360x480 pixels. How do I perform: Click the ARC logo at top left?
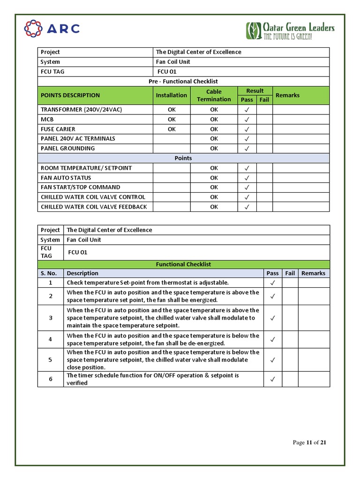pyautogui.click(x=52, y=29)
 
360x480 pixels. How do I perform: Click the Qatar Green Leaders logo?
pyautogui.click(x=290, y=31)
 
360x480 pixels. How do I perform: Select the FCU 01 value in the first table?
pyautogui.click(x=167, y=72)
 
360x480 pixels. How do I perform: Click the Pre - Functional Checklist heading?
pyautogui.click(x=183, y=82)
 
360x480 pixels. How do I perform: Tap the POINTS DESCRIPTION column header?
pyautogui.click(x=70, y=95)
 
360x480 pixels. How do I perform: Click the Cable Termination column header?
pyautogui.click(x=214, y=95)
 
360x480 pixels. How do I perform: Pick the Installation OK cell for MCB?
pyautogui.click(x=172, y=120)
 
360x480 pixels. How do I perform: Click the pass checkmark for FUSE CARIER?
pyautogui.click(x=247, y=129)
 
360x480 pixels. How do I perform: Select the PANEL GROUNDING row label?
pyautogui.click(x=67, y=149)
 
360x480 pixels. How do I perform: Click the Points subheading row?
pyautogui.click(x=183, y=158)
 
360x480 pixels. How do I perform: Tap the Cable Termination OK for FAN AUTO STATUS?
pyautogui.click(x=214, y=178)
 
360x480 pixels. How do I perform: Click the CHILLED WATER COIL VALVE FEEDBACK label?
pyautogui.click(x=94, y=207)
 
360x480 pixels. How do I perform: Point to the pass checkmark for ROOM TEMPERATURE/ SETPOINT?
pyautogui.click(x=247, y=168)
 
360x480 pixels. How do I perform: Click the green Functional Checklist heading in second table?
pyautogui.click(x=183, y=264)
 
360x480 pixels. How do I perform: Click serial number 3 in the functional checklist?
pyautogui.click(x=51, y=318)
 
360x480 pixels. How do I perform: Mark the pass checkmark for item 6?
pyautogui.click(x=272, y=379)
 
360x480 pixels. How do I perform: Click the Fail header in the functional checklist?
pyautogui.click(x=290, y=273)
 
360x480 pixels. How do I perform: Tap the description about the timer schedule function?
pyautogui.click(x=153, y=379)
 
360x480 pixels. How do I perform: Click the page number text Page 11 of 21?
pyautogui.click(x=309, y=442)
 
